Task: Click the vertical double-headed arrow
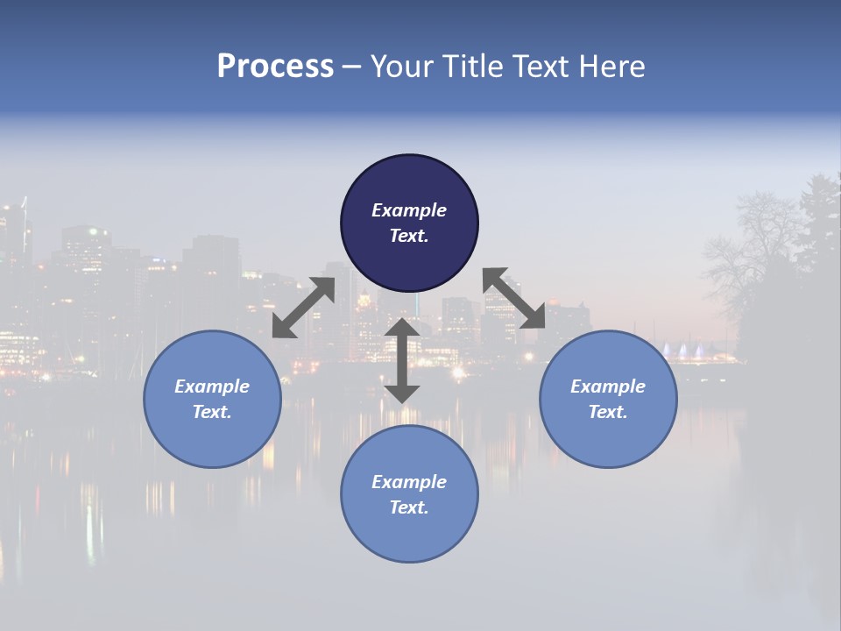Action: click(x=402, y=360)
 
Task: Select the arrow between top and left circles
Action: click(x=304, y=307)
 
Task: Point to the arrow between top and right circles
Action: click(x=514, y=298)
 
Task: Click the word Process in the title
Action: click(x=275, y=66)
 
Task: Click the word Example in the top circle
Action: click(x=409, y=210)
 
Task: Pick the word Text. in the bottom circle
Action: click(x=409, y=507)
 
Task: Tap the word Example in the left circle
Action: click(x=212, y=386)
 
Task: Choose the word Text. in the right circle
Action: click(x=608, y=412)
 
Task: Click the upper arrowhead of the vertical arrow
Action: click(x=402, y=327)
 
